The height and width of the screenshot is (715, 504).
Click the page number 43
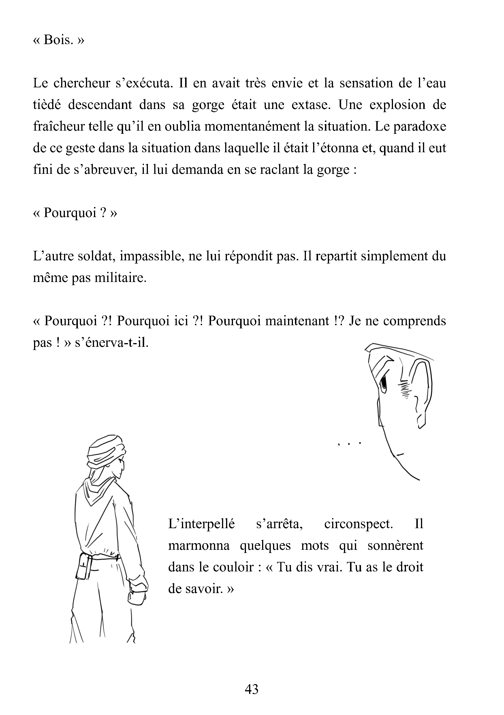click(252, 689)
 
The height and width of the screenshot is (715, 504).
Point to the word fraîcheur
click(59, 127)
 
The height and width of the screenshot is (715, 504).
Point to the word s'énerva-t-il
click(112, 343)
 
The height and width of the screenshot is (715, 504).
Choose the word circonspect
click(358, 524)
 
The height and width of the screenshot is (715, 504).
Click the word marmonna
click(199, 546)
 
